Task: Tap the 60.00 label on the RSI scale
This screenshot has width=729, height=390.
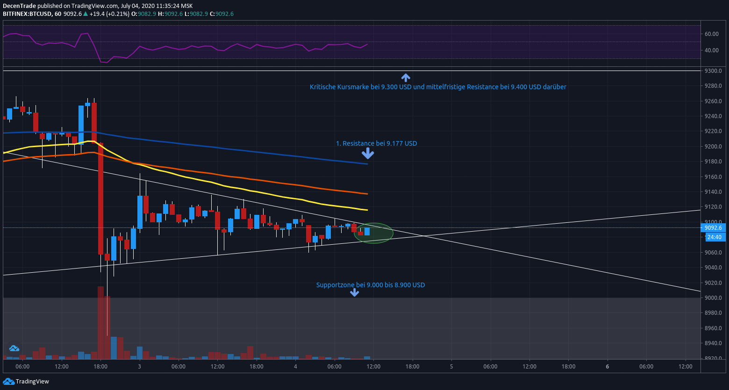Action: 712,34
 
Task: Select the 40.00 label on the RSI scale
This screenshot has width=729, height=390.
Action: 712,50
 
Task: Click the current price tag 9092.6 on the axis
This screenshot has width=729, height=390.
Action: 713,228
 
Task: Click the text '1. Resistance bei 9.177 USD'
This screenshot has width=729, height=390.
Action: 376,143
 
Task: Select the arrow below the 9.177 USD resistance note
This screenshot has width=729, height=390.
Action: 368,153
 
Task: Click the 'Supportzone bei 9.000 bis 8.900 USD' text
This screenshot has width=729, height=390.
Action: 371,285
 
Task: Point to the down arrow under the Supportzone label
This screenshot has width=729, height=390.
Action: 355,292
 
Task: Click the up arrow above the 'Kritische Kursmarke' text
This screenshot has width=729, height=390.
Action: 406,78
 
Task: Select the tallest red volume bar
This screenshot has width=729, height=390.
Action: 100,322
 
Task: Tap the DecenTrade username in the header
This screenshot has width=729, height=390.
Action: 19,6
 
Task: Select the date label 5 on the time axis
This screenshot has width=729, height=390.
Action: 451,367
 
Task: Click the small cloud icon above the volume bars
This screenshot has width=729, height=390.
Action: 14,348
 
